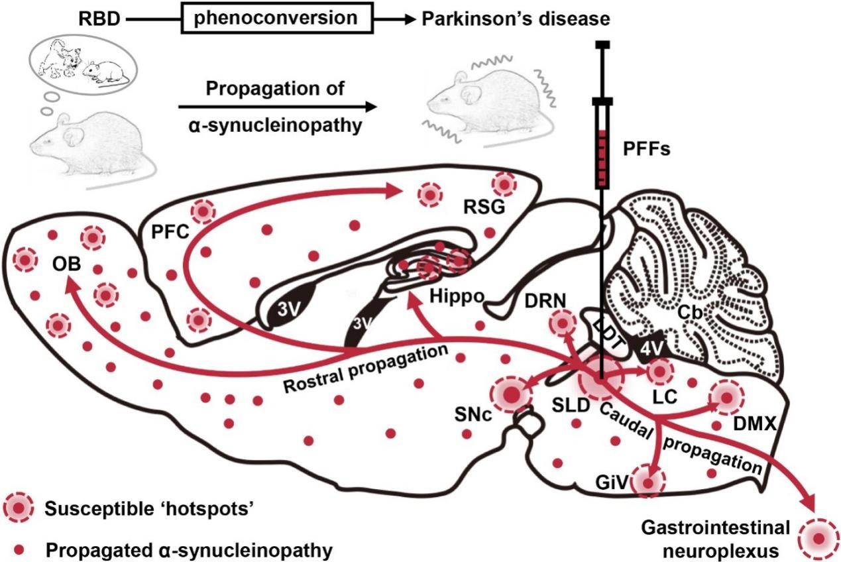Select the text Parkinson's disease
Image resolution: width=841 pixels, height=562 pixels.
[516, 20]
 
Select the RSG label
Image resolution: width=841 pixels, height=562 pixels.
[484, 208]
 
